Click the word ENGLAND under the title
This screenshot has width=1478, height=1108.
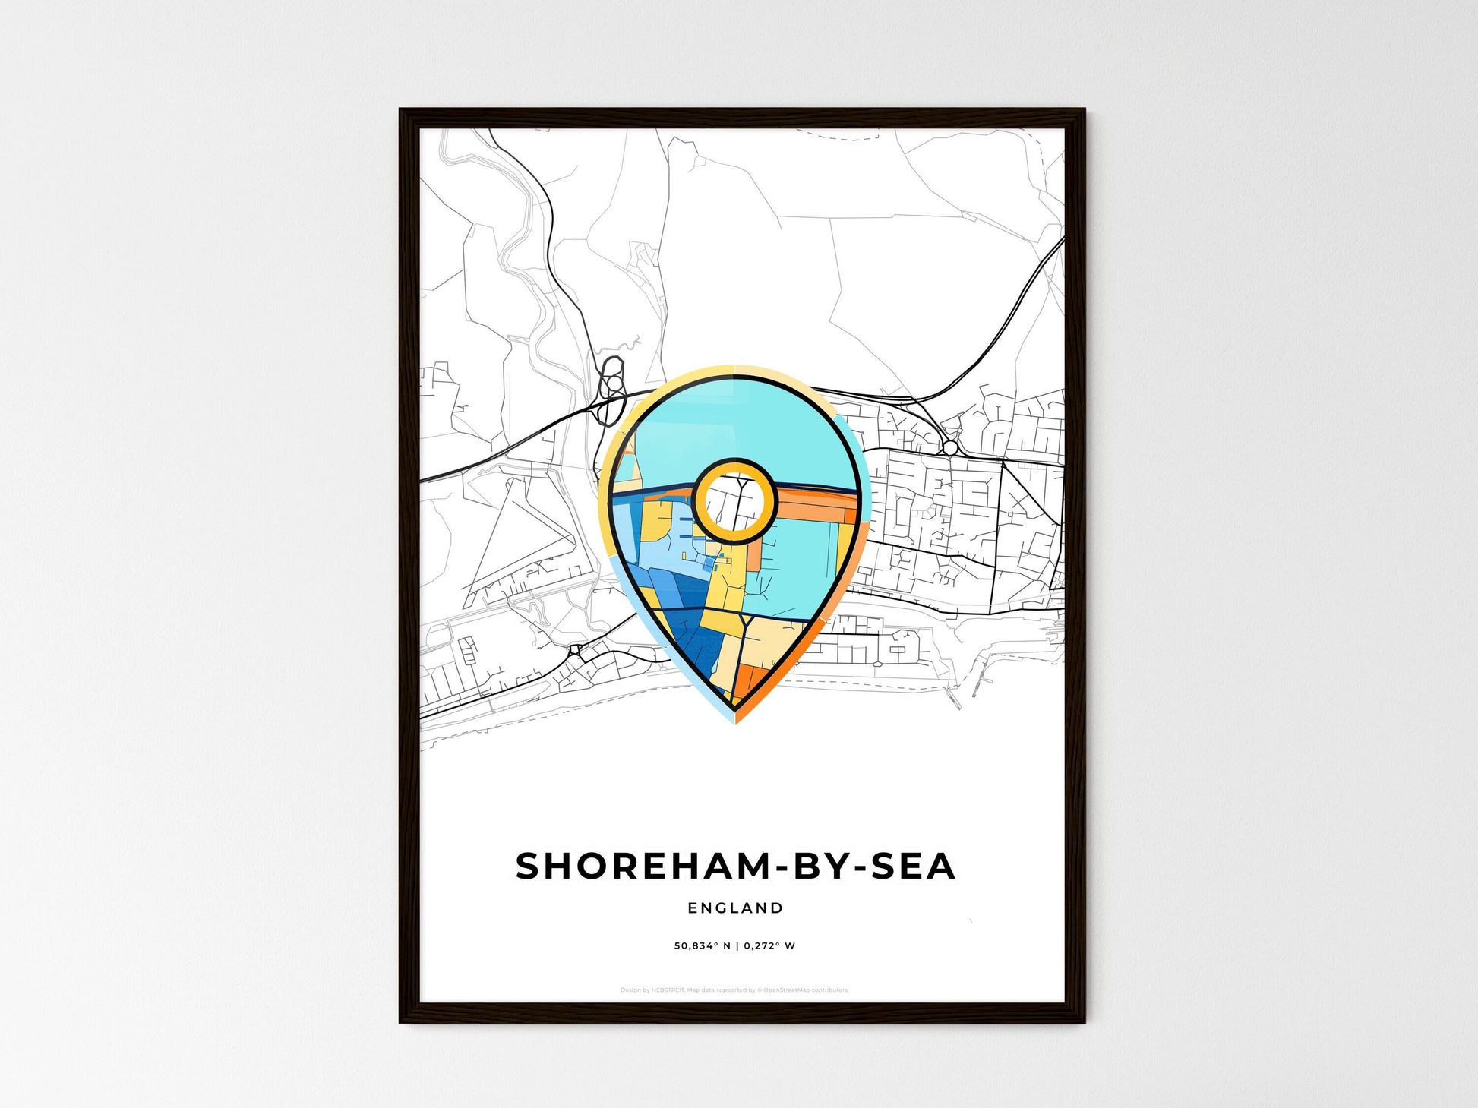[734, 908]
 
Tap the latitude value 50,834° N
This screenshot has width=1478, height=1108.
[702, 946]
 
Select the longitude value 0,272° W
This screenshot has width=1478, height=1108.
[769, 946]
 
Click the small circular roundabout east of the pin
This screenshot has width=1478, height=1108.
[950, 448]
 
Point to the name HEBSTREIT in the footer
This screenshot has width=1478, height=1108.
[668, 990]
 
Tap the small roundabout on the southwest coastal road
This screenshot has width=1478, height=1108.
[576, 651]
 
